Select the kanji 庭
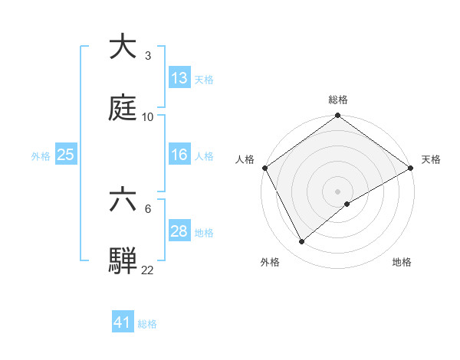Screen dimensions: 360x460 tap(123, 109)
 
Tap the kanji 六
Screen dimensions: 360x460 tap(123, 201)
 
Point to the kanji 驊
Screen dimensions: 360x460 tap(123, 260)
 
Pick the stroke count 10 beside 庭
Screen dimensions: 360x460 tap(148, 117)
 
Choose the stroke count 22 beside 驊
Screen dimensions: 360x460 tap(148, 270)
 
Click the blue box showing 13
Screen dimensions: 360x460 tap(179, 78)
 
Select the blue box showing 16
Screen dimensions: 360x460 tap(179, 155)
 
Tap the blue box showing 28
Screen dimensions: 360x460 tap(179, 231)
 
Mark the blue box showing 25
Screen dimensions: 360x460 tap(66, 155)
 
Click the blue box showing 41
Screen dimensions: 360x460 tap(123, 322)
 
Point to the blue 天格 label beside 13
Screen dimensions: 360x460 tap(203, 80)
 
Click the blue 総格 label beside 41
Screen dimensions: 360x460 tap(147, 324)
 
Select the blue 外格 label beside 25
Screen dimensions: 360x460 tap(41, 156)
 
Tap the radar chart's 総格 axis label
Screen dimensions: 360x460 tap(338, 100)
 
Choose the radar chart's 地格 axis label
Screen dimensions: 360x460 tap(402, 262)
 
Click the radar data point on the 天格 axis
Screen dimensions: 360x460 tap(411, 168)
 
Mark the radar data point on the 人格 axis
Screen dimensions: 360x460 tap(265, 168)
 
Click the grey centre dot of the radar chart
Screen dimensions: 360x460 tap(338, 191)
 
